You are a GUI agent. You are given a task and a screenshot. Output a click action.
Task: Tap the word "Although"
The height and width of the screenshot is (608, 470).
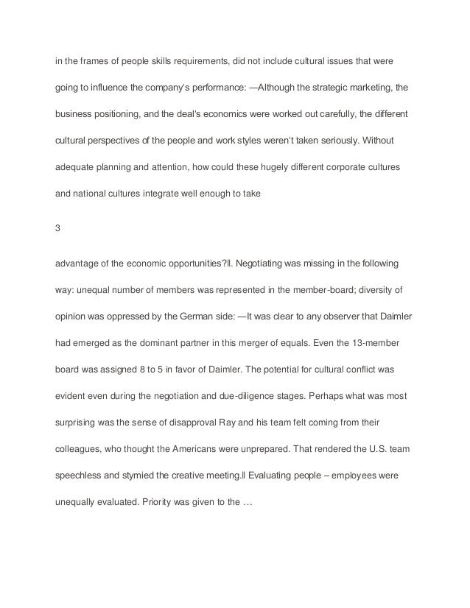coord(271,87)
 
